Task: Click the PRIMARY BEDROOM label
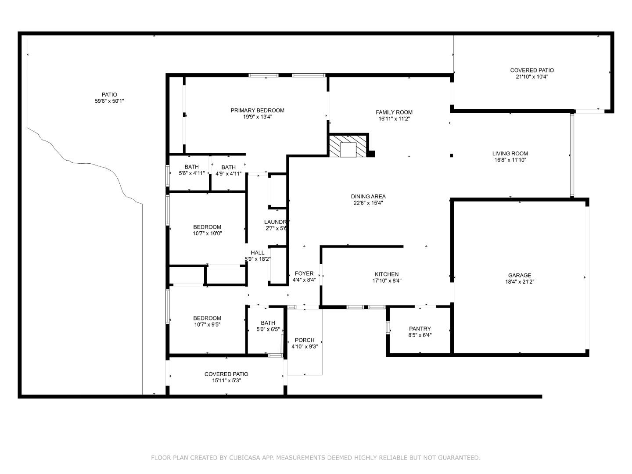click(257, 110)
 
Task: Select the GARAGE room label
click(519, 275)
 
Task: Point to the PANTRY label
click(420, 329)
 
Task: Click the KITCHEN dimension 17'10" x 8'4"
click(387, 280)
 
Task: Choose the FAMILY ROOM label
click(394, 112)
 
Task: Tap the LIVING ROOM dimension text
click(510, 160)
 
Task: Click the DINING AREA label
click(368, 196)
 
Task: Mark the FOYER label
click(304, 273)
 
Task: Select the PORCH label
click(305, 340)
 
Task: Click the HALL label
click(257, 252)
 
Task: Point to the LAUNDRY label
click(276, 222)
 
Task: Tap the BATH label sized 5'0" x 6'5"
click(268, 323)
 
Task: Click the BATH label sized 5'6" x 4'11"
click(191, 167)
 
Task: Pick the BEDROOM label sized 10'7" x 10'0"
click(207, 227)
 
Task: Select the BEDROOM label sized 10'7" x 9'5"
click(207, 318)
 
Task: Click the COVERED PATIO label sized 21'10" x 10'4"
click(532, 70)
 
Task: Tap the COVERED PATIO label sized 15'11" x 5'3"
click(226, 374)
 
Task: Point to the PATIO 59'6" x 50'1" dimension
click(109, 101)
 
